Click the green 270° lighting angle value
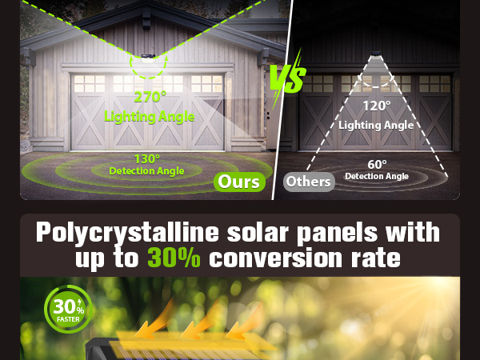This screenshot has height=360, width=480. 150,98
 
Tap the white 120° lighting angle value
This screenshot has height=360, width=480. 376,106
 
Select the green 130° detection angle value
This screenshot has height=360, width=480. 146,158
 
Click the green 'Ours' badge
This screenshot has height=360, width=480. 239,182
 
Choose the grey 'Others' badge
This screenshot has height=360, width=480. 308,182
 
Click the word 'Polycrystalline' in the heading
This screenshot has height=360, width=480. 127,233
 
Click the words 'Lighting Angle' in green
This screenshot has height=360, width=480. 150,117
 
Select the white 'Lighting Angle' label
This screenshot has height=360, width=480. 376,125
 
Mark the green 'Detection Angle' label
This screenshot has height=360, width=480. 146,170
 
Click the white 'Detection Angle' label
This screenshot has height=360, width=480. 376,175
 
